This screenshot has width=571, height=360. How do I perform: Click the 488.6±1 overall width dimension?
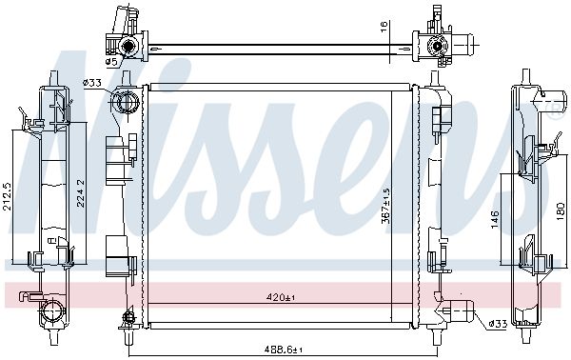click(284, 350)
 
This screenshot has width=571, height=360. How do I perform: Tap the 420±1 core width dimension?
click(281, 298)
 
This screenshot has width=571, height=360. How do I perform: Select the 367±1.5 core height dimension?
click(385, 205)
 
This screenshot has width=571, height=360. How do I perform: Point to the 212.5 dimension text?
click(8, 196)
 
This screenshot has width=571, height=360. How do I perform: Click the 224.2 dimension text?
click(81, 193)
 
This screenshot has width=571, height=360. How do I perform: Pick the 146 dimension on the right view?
click(495, 219)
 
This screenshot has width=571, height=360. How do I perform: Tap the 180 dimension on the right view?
click(561, 211)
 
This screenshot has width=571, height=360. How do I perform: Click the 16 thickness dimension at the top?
click(384, 27)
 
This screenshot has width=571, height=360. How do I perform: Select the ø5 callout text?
click(111, 62)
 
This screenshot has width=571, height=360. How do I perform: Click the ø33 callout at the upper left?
click(91, 83)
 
